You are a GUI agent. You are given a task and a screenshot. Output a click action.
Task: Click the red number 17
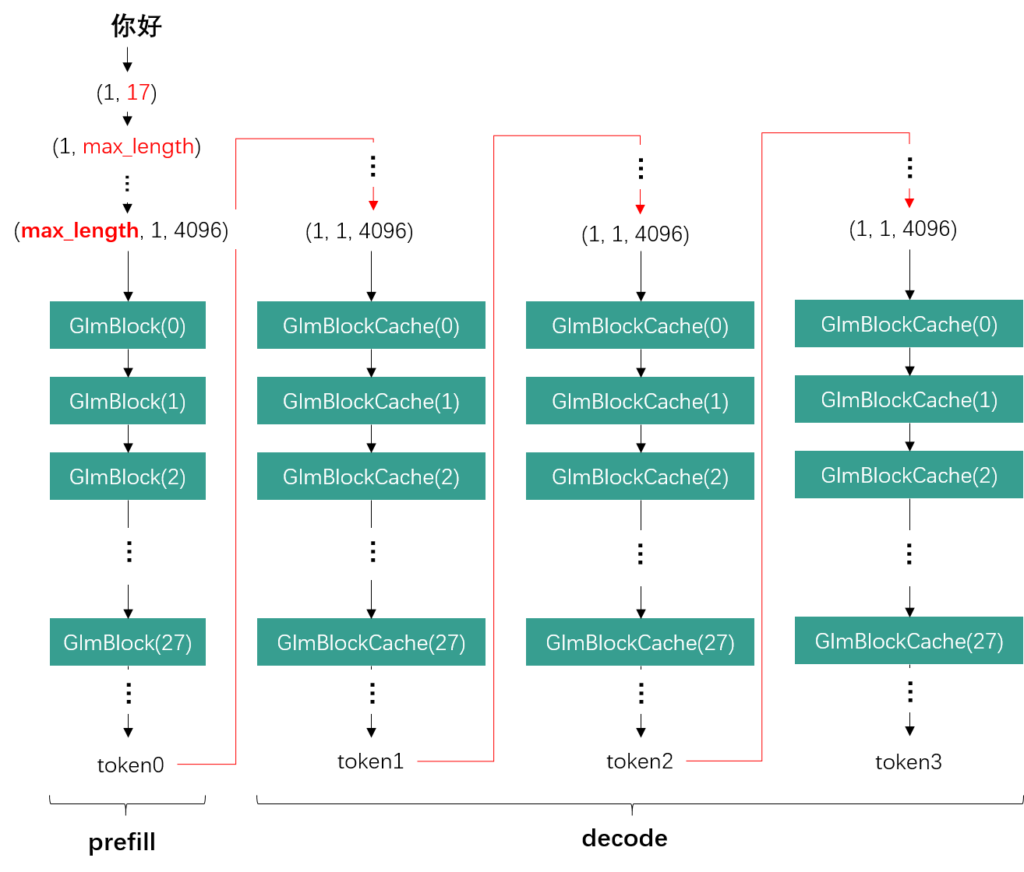click(x=138, y=92)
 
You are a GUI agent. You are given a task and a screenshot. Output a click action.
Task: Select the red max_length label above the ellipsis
click(x=138, y=146)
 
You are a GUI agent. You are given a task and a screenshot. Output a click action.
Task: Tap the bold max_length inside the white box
click(x=79, y=230)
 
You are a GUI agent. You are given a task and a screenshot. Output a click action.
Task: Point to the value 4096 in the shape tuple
click(x=198, y=230)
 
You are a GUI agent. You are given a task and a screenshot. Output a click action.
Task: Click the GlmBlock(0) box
click(x=128, y=325)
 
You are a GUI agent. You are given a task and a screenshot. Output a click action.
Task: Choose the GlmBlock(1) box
click(x=128, y=400)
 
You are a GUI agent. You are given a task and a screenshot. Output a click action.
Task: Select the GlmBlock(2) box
click(x=128, y=476)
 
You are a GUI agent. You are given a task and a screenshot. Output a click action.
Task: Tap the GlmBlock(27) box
click(x=128, y=642)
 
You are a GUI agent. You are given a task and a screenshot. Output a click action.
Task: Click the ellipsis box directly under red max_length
click(x=127, y=183)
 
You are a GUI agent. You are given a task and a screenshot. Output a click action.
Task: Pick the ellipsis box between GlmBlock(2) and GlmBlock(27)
click(x=129, y=556)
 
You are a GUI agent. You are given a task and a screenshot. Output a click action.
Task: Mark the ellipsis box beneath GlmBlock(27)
click(x=129, y=691)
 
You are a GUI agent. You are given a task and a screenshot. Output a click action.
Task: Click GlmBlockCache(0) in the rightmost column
click(x=909, y=324)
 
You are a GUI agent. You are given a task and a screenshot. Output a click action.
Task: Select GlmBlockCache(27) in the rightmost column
click(x=909, y=641)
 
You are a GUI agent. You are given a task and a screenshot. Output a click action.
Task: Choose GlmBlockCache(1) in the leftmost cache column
click(x=371, y=400)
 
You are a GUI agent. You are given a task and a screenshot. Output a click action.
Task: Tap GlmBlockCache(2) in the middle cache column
click(x=640, y=476)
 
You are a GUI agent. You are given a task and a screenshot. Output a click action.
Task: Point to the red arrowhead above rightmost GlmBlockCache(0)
click(x=909, y=203)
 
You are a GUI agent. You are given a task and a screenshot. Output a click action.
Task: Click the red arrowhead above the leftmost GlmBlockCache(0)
click(x=373, y=205)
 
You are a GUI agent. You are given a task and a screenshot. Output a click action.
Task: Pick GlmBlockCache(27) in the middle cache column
click(x=640, y=642)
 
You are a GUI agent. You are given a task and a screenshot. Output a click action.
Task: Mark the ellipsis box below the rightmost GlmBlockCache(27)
click(x=909, y=690)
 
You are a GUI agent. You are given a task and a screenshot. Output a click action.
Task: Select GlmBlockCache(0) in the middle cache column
click(x=640, y=325)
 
